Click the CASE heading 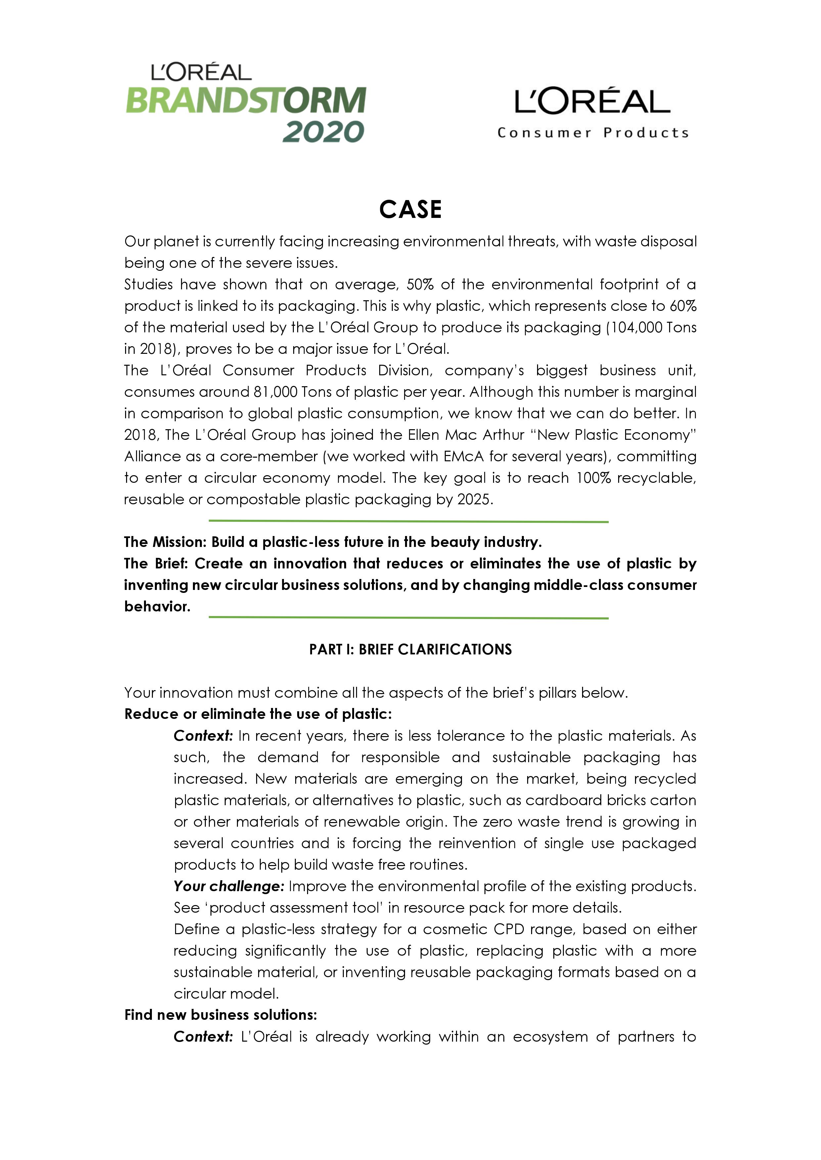tap(410, 209)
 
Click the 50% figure tap(420, 284)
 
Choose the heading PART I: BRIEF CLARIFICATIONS tap(410, 649)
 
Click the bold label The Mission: tap(165, 542)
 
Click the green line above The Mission tap(408, 521)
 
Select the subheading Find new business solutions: tap(220, 1015)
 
